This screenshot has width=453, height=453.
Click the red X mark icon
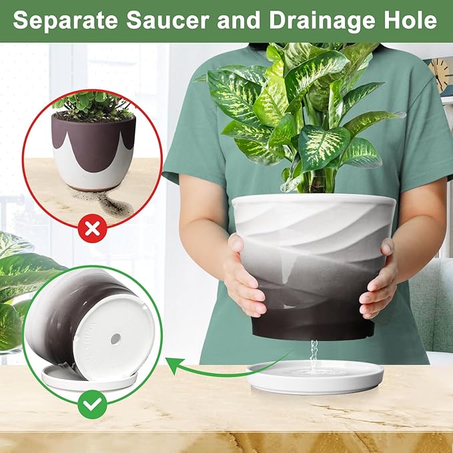pyautogui.click(x=93, y=230)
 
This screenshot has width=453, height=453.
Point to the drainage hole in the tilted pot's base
pyautogui.click(x=115, y=339)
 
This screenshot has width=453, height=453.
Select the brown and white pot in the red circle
pyautogui.click(x=94, y=150)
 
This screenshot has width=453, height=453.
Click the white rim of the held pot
pyautogui.click(x=314, y=200)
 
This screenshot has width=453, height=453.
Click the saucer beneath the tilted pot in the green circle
pyautogui.click(x=73, y=380)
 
